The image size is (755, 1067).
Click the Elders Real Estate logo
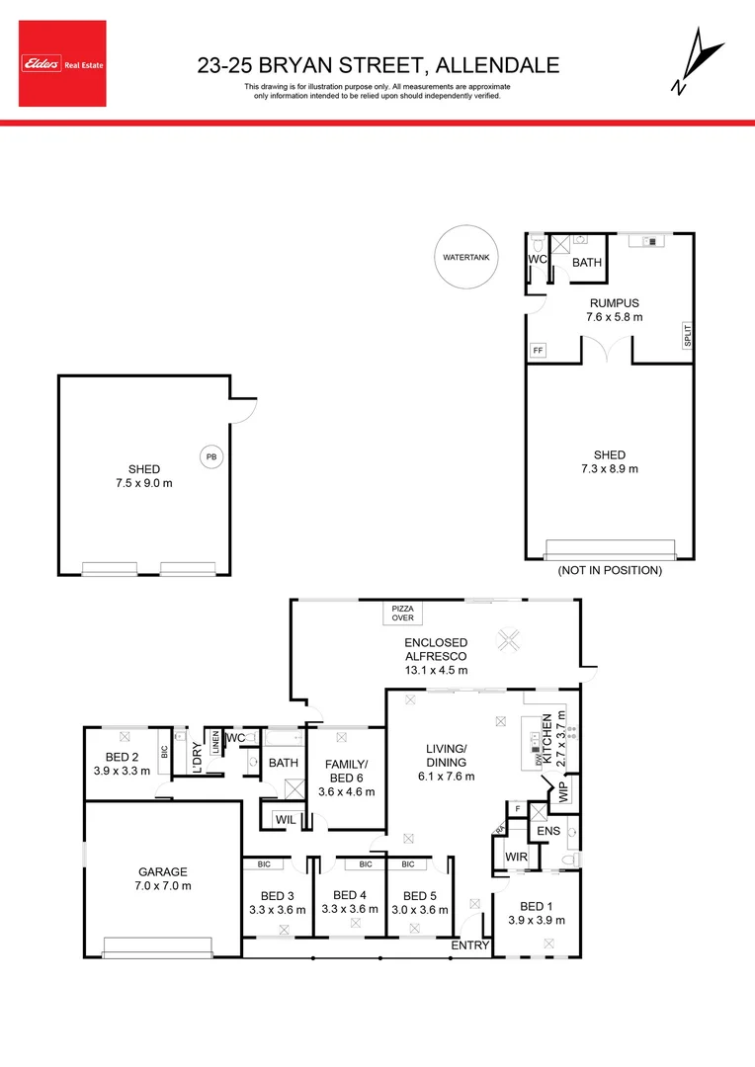click(64, 64)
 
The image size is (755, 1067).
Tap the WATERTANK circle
click(466, 258)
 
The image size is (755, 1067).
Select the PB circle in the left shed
click(210, 456)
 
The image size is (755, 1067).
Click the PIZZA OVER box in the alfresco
click(402, 614)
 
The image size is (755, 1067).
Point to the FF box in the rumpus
click(539, 351)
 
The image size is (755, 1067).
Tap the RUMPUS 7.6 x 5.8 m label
click(616, 310)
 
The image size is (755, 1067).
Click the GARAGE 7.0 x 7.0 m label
click(162, 878)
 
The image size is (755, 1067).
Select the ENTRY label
click(469, 945)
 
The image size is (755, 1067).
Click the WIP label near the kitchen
click(563, 790)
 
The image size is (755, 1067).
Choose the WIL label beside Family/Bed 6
click(286, 818)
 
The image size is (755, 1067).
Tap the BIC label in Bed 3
click(264, 863)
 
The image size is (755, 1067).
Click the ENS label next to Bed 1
click(547, 831)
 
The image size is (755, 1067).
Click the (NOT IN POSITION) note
click(610, 570)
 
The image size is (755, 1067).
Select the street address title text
click(378, 65)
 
